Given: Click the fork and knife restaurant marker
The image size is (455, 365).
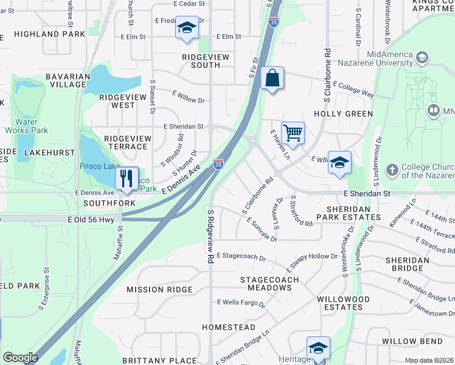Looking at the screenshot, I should (127, 178).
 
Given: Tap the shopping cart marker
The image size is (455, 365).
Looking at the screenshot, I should (293, 133).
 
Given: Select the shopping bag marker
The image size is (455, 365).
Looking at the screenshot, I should (272, 78).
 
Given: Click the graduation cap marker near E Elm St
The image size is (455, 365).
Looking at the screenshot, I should (186, 27).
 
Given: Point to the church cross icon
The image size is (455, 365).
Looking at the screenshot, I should (392, 170).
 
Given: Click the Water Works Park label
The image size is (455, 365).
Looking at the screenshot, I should (27, 126).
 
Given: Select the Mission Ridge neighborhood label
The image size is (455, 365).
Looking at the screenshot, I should (159, 290).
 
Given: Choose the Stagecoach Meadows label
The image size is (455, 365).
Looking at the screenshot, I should (269, 283).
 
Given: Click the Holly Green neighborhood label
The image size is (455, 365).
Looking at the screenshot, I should (343, 114).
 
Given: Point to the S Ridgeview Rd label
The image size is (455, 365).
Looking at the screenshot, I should (210, 237).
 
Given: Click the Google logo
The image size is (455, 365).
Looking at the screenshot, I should (20, 358).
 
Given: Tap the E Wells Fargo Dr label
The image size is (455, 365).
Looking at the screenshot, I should (241, 302).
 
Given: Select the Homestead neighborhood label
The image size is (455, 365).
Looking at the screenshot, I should (229, 327).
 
